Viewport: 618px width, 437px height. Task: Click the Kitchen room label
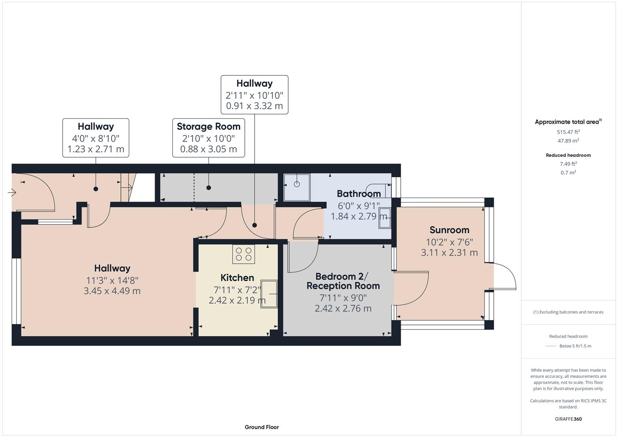237,278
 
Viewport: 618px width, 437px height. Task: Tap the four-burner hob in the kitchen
243,254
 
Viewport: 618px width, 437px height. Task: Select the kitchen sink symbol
269,294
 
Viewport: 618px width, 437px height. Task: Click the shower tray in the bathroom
297,187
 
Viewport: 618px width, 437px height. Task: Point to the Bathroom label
359,193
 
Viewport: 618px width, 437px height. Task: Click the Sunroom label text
449,230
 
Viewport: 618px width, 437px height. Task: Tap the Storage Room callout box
208,138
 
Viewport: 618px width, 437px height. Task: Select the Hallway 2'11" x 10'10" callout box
254,95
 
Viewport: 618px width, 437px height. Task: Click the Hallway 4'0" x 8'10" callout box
96,138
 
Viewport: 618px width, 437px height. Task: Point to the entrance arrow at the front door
12,193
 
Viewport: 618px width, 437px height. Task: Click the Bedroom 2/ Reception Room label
343,281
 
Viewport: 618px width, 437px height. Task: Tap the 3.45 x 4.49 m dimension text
112,291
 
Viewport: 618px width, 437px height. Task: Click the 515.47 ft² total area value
568,132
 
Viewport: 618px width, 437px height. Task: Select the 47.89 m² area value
568,141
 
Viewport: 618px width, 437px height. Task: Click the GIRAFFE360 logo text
568,419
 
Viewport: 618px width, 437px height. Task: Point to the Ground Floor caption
261,427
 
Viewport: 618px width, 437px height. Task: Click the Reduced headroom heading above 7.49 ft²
568,155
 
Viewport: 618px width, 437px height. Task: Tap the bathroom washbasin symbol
384,218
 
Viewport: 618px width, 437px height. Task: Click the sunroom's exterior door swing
504,276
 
